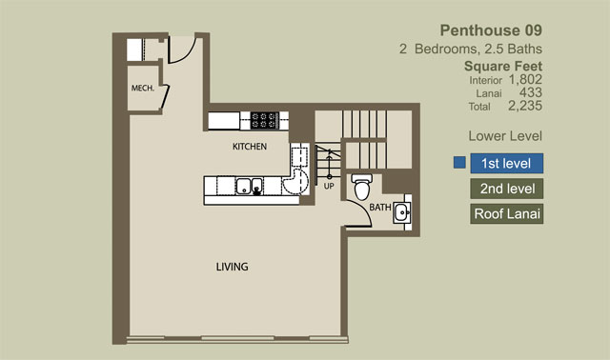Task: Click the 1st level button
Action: [506, 163]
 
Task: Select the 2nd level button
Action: [506, 189]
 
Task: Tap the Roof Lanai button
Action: [506, 214]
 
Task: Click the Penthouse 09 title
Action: [491, 30]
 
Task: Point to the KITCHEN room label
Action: [250, 147]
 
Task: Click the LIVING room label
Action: [232, 267]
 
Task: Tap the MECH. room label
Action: [143, 89]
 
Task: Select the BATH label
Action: [380, 208]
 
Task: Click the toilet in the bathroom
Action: [362, 187]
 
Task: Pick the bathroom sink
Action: [402, 212]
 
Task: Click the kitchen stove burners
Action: [264, 120]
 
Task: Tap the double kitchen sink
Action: [249, 187]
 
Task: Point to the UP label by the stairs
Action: [329, 187]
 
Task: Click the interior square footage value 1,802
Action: [525, 80]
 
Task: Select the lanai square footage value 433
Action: [531, 92]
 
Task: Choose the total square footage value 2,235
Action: [525, 106]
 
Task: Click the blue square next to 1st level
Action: [459, 163]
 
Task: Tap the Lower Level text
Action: [505, 136]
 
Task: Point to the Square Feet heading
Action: [503, 66]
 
